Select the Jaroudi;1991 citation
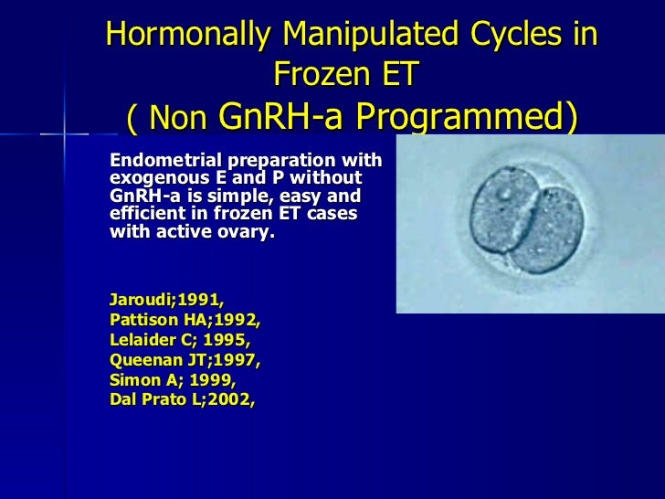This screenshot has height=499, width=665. (x=166, y=300)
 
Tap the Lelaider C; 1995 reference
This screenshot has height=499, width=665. (x=180, y=340)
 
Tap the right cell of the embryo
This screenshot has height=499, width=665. (x=548, y=229)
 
